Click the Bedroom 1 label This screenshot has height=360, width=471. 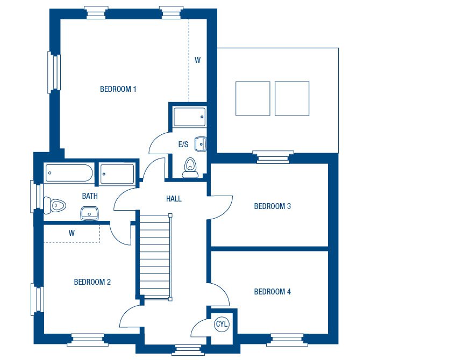point(118,89)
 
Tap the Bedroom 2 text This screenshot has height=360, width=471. point(92,282)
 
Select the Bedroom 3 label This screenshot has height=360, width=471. point(273,206)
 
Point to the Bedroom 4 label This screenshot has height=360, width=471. point(273,292)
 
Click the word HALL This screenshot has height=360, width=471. point(174,199)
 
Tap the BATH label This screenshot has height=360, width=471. point(90,196)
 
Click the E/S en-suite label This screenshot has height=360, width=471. point(183,145)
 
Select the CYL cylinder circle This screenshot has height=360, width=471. point(222,324)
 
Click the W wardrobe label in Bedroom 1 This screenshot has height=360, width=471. point(197,60)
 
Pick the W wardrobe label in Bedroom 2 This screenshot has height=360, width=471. point(72,233)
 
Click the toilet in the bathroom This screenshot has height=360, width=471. point(55,205)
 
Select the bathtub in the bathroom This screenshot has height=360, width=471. point(69,173)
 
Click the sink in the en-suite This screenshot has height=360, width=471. point(201,144)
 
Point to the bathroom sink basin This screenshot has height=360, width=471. point(89,213)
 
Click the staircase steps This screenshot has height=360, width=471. point(155,256)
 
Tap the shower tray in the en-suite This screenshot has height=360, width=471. point(190,117)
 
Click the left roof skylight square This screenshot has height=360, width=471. point(253,98)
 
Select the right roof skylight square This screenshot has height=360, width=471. point(292,98)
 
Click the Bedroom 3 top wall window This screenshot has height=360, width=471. point(273,157)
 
